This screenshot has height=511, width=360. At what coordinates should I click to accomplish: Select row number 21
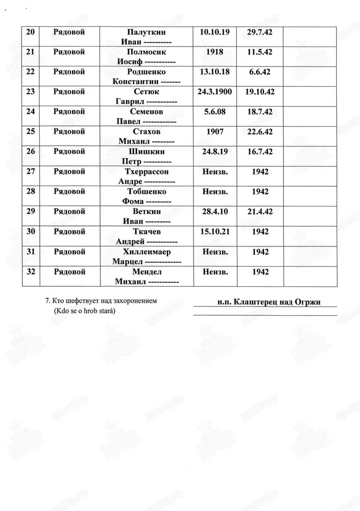31,52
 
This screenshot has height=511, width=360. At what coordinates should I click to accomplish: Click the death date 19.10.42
260,91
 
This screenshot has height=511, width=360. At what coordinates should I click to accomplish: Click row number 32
31,271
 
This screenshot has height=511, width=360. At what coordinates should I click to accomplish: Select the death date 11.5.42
260,52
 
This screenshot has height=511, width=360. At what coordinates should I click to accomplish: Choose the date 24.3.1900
215,91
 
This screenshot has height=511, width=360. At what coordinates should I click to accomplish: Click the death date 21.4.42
260,211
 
